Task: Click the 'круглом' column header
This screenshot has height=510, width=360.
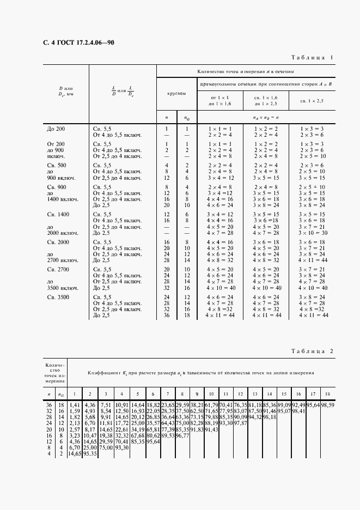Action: (176, 94)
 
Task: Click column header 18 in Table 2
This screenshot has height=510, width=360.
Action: (327, 393)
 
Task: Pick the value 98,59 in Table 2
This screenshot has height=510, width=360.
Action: (327, 405)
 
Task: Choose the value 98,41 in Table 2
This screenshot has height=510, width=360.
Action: (297, 411)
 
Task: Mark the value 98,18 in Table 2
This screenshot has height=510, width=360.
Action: (268, 416)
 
